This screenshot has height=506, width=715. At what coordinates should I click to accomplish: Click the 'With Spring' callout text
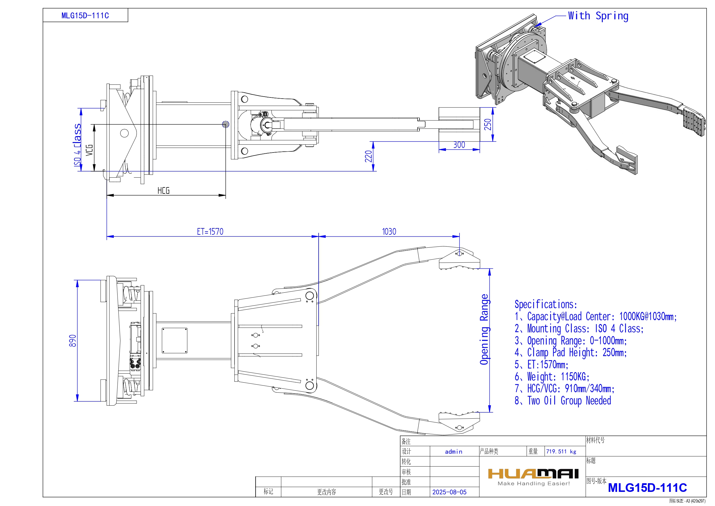598,16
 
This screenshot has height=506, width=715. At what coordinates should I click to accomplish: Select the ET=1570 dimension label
210,232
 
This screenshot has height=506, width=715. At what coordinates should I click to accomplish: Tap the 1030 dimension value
389,232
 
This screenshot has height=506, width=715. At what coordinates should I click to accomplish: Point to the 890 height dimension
73,341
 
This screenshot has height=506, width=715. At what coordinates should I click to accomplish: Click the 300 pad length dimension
459,145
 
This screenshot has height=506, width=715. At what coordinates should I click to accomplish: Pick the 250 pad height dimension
488,124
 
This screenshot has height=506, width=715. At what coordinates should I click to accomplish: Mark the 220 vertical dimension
368,156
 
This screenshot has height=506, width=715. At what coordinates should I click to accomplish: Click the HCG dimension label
164,191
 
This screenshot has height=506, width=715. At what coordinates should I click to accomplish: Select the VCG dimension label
89,150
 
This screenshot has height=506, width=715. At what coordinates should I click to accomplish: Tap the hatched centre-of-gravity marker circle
226,124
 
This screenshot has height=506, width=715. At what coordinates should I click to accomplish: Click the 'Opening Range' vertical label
484,329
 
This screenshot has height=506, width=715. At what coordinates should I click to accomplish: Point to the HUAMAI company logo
533,474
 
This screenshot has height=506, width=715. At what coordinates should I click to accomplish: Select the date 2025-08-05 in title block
449,492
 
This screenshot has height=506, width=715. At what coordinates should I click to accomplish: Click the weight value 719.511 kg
561,452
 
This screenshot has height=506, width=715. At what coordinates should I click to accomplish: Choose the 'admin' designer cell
453,452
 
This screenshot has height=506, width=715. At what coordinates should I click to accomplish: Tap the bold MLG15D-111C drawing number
647,488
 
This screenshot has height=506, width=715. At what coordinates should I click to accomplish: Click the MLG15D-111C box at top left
85,16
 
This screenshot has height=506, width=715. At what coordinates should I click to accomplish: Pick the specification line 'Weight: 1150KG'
552,377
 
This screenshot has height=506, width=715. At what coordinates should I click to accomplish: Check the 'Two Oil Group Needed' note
563,401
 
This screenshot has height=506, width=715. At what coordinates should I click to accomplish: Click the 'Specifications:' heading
546,304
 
